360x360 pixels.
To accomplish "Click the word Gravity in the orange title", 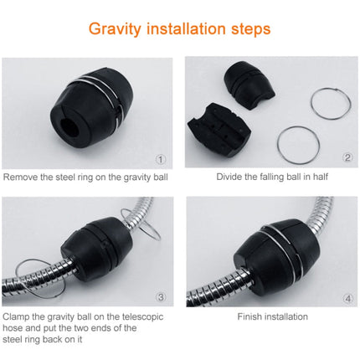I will [x=116, y=29].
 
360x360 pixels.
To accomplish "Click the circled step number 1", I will [x=160, y=158].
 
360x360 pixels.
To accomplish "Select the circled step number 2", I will [x=347, y=158].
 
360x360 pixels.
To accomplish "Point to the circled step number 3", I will [x=160, y=297].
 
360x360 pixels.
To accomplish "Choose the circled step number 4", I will [x=347, y=297].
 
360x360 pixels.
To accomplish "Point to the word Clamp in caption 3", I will [x=18, y=316].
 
